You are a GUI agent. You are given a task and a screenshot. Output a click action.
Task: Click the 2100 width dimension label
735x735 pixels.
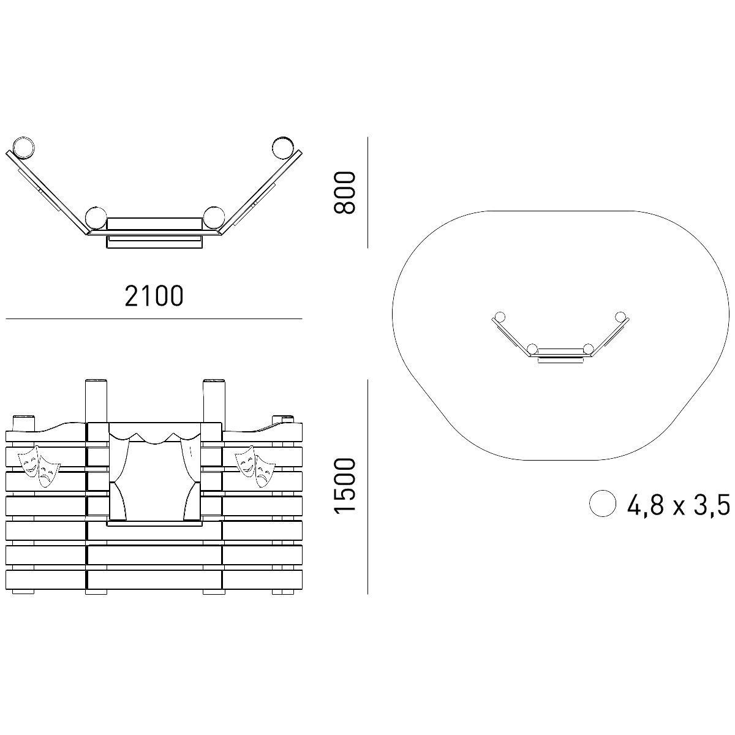click(x=154, y=296)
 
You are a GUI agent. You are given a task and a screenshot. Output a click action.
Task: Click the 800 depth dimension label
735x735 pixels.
click(x=344, y=192)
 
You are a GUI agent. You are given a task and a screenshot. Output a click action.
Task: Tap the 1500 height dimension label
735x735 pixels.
click(x=344, y=486)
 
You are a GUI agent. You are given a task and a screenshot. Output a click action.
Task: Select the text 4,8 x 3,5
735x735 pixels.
click(x=679, y=504)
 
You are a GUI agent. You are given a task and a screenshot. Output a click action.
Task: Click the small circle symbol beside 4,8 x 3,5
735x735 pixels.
click(x=603, y=503)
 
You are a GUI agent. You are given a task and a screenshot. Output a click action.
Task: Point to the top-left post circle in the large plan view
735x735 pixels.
click(x=24, y=147)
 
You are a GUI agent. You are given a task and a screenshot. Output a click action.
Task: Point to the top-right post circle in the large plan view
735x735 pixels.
click(x=284, y=147)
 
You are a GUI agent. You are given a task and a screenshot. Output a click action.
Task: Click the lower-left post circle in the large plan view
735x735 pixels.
click(x=96, y=218)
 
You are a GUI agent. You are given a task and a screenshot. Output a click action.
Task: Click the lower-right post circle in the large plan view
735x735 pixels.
click(x=214, y=218)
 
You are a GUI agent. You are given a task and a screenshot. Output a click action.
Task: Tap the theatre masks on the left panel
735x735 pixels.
click(x=39, y=466)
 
